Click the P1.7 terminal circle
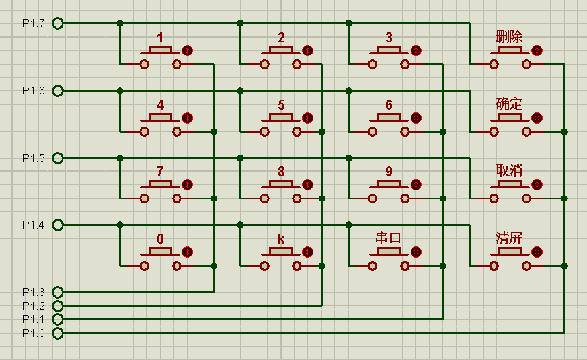click(x=58, y=24)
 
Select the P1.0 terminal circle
click(x=58, y=333)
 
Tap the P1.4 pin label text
click(x=34, y=225)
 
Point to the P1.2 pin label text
click(x=34, y=306)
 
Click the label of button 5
click(x=281, y=105)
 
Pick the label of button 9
click(x=389, y=172)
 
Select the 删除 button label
click(x=509, y=36)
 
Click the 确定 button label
click(x=509, y=104)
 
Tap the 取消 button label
click(x=509, y=170)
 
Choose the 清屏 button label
click(x=509, y=238)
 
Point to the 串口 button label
click(x=389, y=238)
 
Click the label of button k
click(x=281, y=238)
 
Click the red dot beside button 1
click(x=188, y=50)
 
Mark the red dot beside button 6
click(x=416, y=118)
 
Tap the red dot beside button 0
click(x=188, y=252)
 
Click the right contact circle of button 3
click(x=405, y=64)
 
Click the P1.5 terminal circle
click(x=58, y=159)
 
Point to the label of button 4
click(x=161, y=105)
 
